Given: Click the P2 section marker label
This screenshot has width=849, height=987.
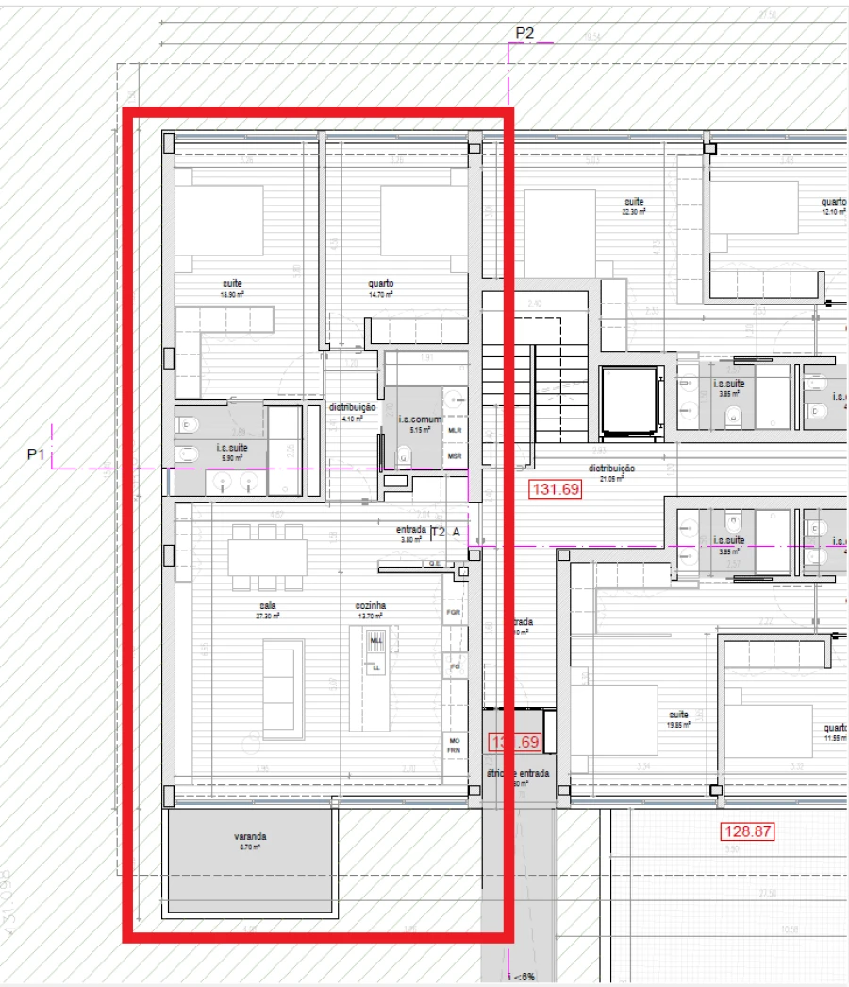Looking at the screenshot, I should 524,34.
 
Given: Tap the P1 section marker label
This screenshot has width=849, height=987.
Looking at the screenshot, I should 36,454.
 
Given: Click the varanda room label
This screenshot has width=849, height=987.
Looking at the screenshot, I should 251,836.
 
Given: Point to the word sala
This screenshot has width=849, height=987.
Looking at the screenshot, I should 268,606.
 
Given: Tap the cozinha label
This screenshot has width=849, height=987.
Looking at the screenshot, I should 371,606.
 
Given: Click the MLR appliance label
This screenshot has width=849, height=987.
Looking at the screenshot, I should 455,430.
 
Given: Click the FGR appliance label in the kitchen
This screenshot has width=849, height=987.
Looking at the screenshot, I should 454,612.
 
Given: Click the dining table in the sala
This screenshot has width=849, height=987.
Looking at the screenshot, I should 267,556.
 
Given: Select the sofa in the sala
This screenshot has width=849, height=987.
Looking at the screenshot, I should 283,688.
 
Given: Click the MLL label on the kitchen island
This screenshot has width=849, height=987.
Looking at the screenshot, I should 376,640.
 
